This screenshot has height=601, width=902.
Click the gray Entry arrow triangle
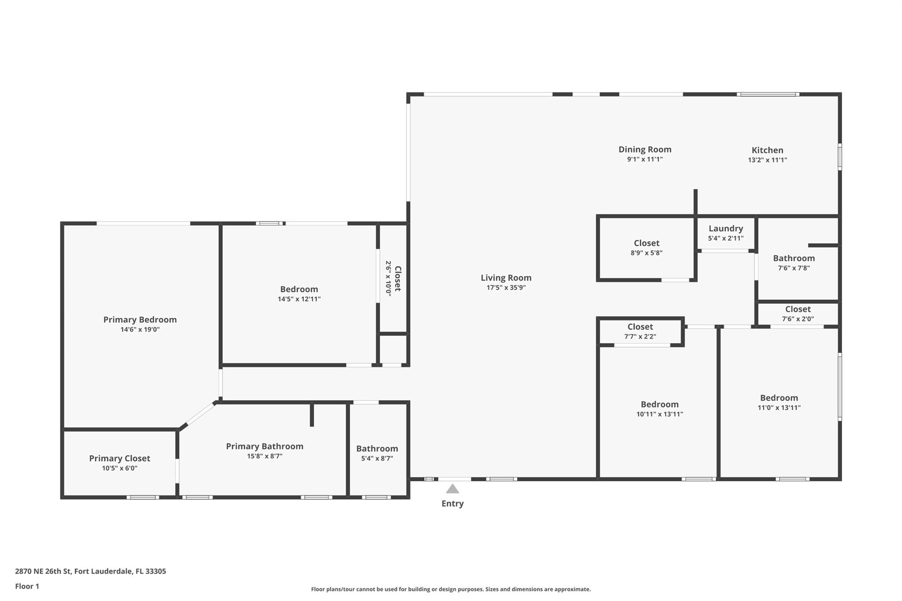click(x=452, y=489)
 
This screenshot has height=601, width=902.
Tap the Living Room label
click(x=506, y=278)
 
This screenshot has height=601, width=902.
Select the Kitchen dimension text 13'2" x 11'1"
click(x=767, y=160)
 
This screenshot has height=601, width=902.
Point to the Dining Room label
click(x=645, y=150)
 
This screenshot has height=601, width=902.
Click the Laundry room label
click(x=725, y=229)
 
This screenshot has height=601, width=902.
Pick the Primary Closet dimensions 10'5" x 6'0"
click(x=119, y=468)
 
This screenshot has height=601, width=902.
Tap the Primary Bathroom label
click(x=264, y=446)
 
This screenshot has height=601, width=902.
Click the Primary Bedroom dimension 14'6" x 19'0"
click(x=140, y=329)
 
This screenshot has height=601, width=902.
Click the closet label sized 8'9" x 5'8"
click(x=646, y=243)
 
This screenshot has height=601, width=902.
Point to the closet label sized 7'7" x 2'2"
click(x=640, y=327)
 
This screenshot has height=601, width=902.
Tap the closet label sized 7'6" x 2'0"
click(x=798, y=309)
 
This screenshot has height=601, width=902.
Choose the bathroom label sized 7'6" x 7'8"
click(x=794, y=258)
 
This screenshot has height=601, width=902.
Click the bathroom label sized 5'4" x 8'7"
click(x=377, y=449)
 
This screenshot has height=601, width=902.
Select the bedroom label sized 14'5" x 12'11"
click(x=299, y=289)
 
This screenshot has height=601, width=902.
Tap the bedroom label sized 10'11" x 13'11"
click(x=659, y=404)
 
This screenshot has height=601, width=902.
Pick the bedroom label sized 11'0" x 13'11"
click(x=779, y=398)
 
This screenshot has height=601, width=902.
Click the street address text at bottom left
click(x=90, y=572)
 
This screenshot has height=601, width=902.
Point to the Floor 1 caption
click(x=27, y=586)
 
